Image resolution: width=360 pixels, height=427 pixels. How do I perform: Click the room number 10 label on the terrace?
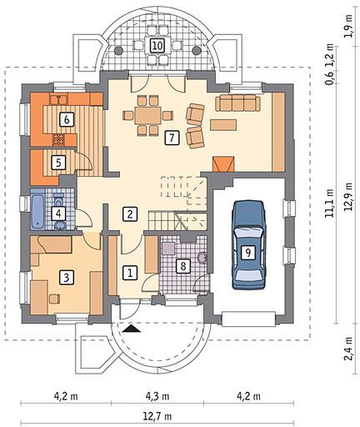coord(157,45)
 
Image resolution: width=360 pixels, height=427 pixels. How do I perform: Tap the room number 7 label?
coord(172,138)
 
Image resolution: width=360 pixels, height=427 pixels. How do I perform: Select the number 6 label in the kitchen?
coord(67,120)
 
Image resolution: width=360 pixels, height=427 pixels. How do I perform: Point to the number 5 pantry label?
coord(58,162)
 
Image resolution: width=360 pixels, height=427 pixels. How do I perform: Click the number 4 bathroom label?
coord(58,213)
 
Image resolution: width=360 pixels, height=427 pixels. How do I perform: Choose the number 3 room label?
coord(67,277)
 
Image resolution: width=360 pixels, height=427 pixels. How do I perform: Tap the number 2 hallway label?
coord(130,213)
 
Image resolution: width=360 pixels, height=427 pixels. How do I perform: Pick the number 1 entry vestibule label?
coord(130,273)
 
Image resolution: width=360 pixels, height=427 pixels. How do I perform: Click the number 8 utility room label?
coord(183,266)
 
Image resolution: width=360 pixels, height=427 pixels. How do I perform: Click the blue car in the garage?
coord(248,244)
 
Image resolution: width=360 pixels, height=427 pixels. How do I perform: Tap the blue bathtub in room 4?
coord(37,211)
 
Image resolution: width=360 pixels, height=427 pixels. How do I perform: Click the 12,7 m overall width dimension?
coord(157,416)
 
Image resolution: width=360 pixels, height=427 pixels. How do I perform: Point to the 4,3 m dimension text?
coord(157,395)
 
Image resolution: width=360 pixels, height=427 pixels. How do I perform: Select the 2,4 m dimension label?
coord(349,349)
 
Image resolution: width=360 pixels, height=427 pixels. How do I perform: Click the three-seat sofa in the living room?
coord(237,103)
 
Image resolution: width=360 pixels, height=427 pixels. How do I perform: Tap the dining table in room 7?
coord(147,116)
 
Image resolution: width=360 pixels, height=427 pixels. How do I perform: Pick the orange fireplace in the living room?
coord(223,164)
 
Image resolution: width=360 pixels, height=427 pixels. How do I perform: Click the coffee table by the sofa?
coord(223,124)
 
